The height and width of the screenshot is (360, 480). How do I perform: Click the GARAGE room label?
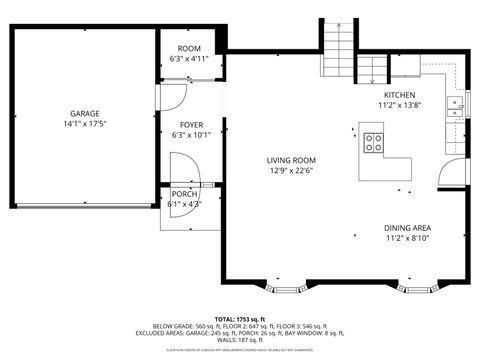pos(84,114)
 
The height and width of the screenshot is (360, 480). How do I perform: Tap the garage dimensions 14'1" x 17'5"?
pos(84,124)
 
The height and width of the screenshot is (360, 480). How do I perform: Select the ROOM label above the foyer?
pos(189,49)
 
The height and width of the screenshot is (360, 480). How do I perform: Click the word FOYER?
pos(191,125)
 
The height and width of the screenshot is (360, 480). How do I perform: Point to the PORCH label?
pos(185,194)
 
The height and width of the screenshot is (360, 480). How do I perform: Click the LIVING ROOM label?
pos(291,160)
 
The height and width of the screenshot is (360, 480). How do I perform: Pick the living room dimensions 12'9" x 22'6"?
pos(291,170)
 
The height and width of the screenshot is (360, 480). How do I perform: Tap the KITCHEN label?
pos(397,94)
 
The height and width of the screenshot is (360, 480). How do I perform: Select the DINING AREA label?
pos(415,229)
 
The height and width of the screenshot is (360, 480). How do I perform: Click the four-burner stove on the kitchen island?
pos(375,142)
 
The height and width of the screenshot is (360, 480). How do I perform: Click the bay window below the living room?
pos(288,290)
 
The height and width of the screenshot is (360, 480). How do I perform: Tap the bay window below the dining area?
pos(421,290)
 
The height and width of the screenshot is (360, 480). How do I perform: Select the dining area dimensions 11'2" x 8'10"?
pos(415,239)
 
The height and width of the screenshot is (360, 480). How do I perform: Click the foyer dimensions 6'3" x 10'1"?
pos(191,135)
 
